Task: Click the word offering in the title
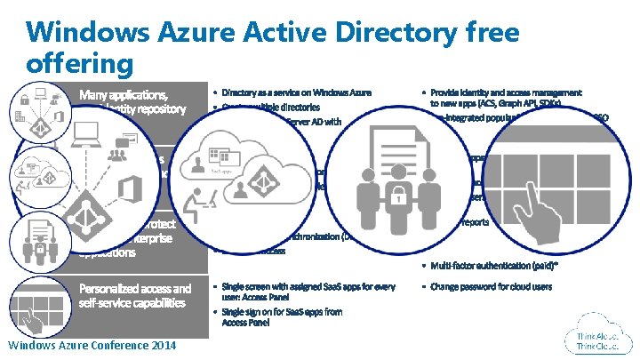click(x=80, y=64)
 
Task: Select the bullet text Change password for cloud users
click(x=491, y=286)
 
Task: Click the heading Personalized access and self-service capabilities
click(x=134, y=295)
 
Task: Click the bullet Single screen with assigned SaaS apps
click(x=308, y=292)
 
